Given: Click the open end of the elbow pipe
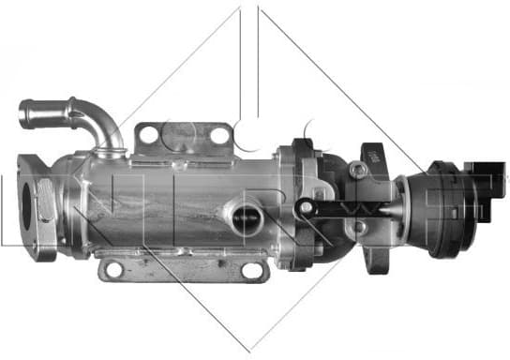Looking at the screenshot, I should [25, 115].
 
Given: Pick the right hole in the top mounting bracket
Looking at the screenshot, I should [220, 136].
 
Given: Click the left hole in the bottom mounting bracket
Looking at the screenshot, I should [113, 270].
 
